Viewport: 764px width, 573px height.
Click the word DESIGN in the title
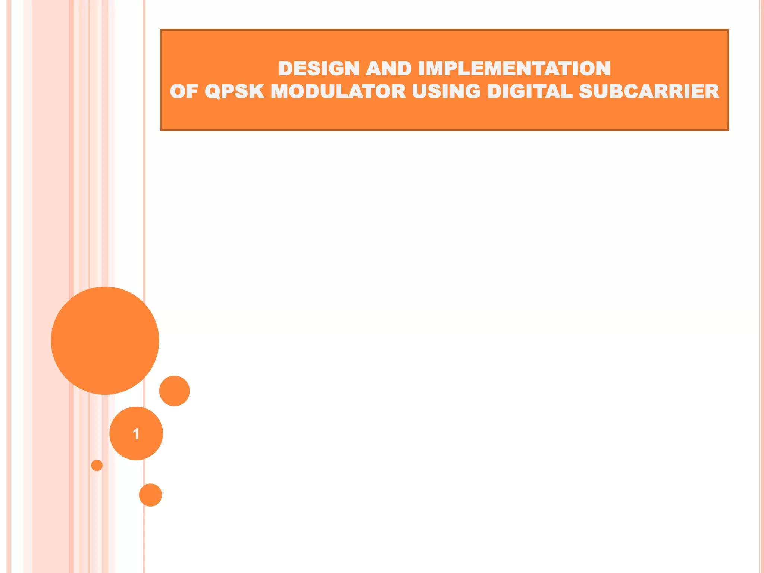(319, 69)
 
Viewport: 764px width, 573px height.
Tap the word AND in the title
(389, 69)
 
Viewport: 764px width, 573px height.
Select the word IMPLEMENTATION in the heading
(514, 69)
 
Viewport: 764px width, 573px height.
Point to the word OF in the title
(184, 92)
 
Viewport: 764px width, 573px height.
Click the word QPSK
(235, 92)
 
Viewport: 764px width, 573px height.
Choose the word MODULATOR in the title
(338, 92)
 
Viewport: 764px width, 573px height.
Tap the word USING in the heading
(446, 92)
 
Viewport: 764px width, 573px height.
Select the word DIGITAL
(530, 92)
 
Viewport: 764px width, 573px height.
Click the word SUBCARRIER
(649, 92)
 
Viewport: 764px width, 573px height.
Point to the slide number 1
(136, 434)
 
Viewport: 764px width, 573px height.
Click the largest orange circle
(105, 341)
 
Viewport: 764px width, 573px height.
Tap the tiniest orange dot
(97, 465)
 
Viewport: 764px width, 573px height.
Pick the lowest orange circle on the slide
(150, 495)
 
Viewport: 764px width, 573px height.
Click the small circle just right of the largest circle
(174, 391)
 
